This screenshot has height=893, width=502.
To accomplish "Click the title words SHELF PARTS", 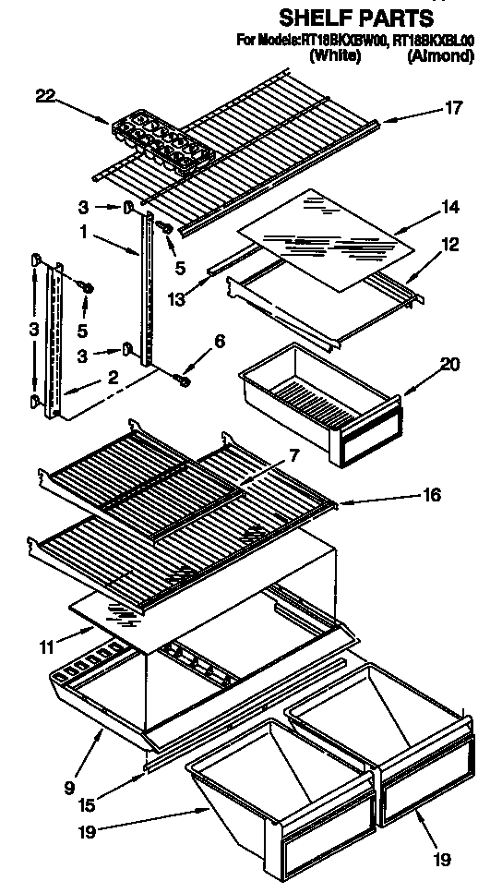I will [355, 18].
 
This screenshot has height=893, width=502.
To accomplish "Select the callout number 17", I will [453, 107].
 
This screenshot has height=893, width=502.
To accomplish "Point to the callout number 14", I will [449, 209].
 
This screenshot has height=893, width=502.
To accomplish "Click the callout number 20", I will [449, 365].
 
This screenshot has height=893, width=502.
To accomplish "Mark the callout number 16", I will [429, 496].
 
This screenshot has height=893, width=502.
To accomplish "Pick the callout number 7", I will [292, 455].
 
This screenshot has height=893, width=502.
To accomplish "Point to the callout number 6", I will [219, 341].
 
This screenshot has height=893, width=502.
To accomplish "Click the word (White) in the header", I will [335, 56].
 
